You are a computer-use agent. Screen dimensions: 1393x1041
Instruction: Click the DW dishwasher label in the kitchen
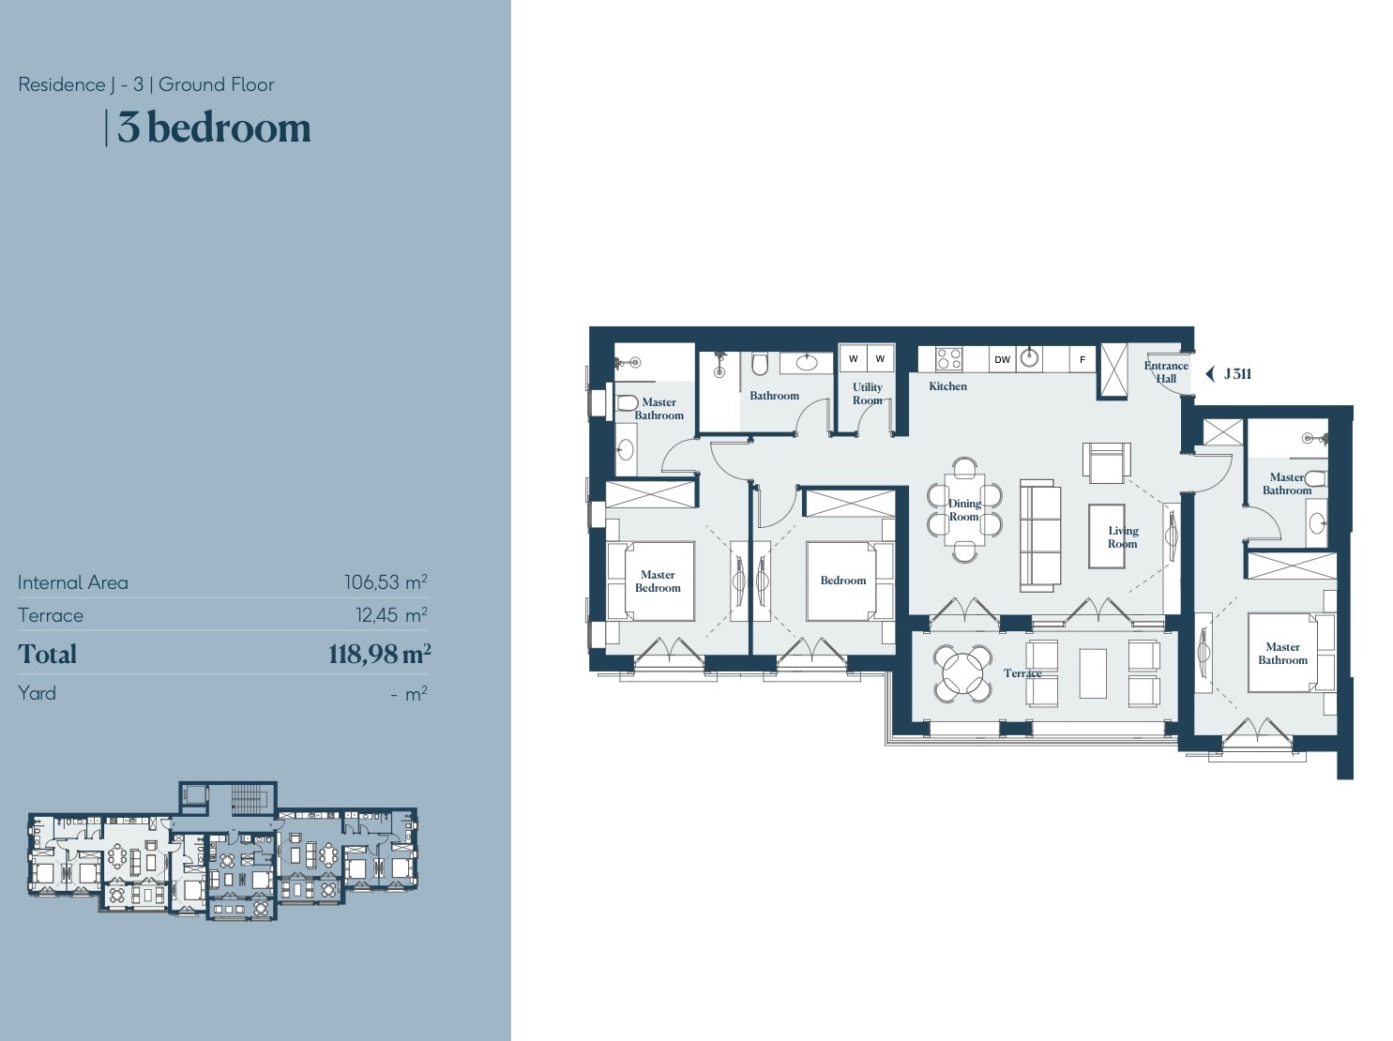point(1002,360)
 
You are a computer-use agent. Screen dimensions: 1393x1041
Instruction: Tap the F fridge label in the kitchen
point(1082,360)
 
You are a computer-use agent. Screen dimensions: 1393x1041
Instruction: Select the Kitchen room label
point(947,385)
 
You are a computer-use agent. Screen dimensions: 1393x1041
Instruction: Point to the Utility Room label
point(867,393)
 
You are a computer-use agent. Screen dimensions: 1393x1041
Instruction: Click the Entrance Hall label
point(1166,372)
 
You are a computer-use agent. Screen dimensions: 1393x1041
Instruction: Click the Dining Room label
point(964,510)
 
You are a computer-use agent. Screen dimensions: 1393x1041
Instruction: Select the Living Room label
point(1123,537)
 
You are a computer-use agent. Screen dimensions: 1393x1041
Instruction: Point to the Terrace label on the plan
point(1022,673)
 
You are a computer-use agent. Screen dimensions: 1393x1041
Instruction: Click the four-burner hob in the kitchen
point(948,359)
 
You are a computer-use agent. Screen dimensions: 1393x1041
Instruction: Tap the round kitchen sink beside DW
point(1029,357)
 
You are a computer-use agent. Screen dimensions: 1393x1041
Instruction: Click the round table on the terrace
point(962,673)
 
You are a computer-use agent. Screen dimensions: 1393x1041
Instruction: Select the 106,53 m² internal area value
point(386,581)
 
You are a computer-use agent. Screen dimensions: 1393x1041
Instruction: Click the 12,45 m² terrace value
point(391,614)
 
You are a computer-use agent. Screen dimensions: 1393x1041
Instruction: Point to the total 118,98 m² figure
point(380,654)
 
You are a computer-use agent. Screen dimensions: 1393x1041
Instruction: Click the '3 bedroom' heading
point(214,128)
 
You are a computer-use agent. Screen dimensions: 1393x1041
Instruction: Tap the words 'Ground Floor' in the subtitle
point(217,84)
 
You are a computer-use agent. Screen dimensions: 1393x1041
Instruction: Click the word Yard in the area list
point(37,693)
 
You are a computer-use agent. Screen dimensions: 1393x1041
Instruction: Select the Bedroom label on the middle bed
point(842,581)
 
